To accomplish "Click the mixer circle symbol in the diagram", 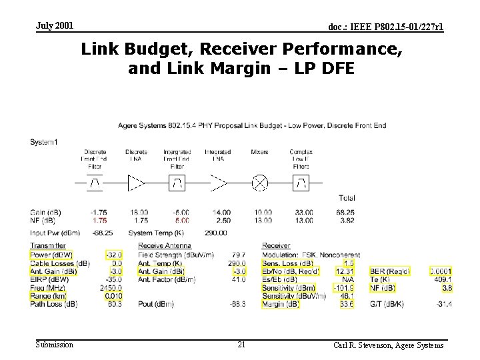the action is (x=260, y=182).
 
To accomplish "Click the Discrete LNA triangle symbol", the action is (x=136, y=182).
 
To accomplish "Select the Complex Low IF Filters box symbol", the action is (x=301, y=182).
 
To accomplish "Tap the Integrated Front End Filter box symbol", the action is (x=177, y=182).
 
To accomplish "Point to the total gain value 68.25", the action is (x=345, y=212).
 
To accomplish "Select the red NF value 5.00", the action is (x=181, y=220).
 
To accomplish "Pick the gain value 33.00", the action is (x=303, y=212).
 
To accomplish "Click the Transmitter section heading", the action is (x=48, y=246).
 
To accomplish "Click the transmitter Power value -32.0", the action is (x=114, y=255).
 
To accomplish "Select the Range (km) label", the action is (x=49, y=296).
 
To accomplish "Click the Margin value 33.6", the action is (x=346, y=305).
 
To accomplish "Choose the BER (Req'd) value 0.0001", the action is (x=441, y=271).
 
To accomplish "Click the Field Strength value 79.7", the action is (x=238, y=255).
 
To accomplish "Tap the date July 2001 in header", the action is (x=55, y=26).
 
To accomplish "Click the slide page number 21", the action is (x=241, y=345).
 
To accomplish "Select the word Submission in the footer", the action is (x=55, y=345).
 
